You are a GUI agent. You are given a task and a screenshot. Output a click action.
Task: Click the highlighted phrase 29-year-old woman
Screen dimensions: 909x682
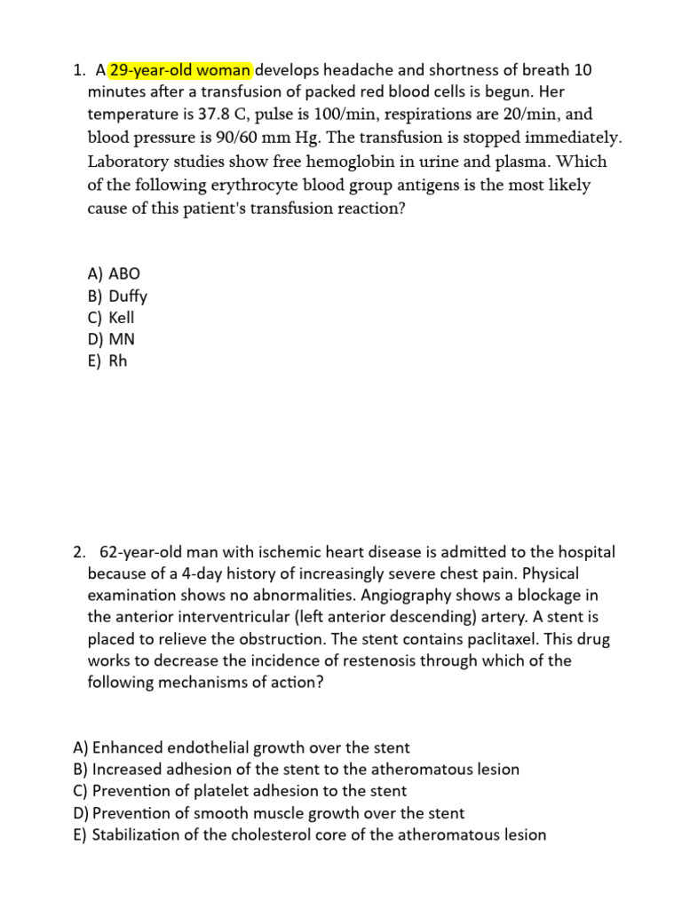[x=181, y=70]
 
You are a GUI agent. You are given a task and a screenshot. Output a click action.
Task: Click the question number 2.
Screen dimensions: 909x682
[x=79, y=552]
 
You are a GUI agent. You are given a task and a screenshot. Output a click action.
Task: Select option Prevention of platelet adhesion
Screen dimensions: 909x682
[x=240, y=791]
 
